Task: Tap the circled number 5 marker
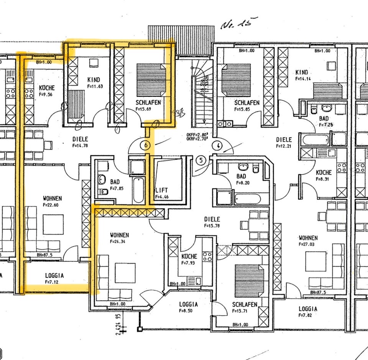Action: (x=201, y=160)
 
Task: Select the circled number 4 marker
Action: (x=217, y=146)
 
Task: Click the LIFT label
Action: (x=161, y=190)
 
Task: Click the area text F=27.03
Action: (x=308, y=244)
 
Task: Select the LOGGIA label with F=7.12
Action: (x=54, y=275)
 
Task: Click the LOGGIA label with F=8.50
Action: (x=189, y=305)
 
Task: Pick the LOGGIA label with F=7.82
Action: (x=308, y=309)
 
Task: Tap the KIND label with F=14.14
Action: (x=302, y=72)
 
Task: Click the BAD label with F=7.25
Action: (x=324, y=119)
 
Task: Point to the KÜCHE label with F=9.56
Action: (x=47, y=88)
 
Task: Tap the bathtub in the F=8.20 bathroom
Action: (x=247, y=199)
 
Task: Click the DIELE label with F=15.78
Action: (x=212, y=219)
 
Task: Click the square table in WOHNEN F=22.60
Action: (x=53, y=224)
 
